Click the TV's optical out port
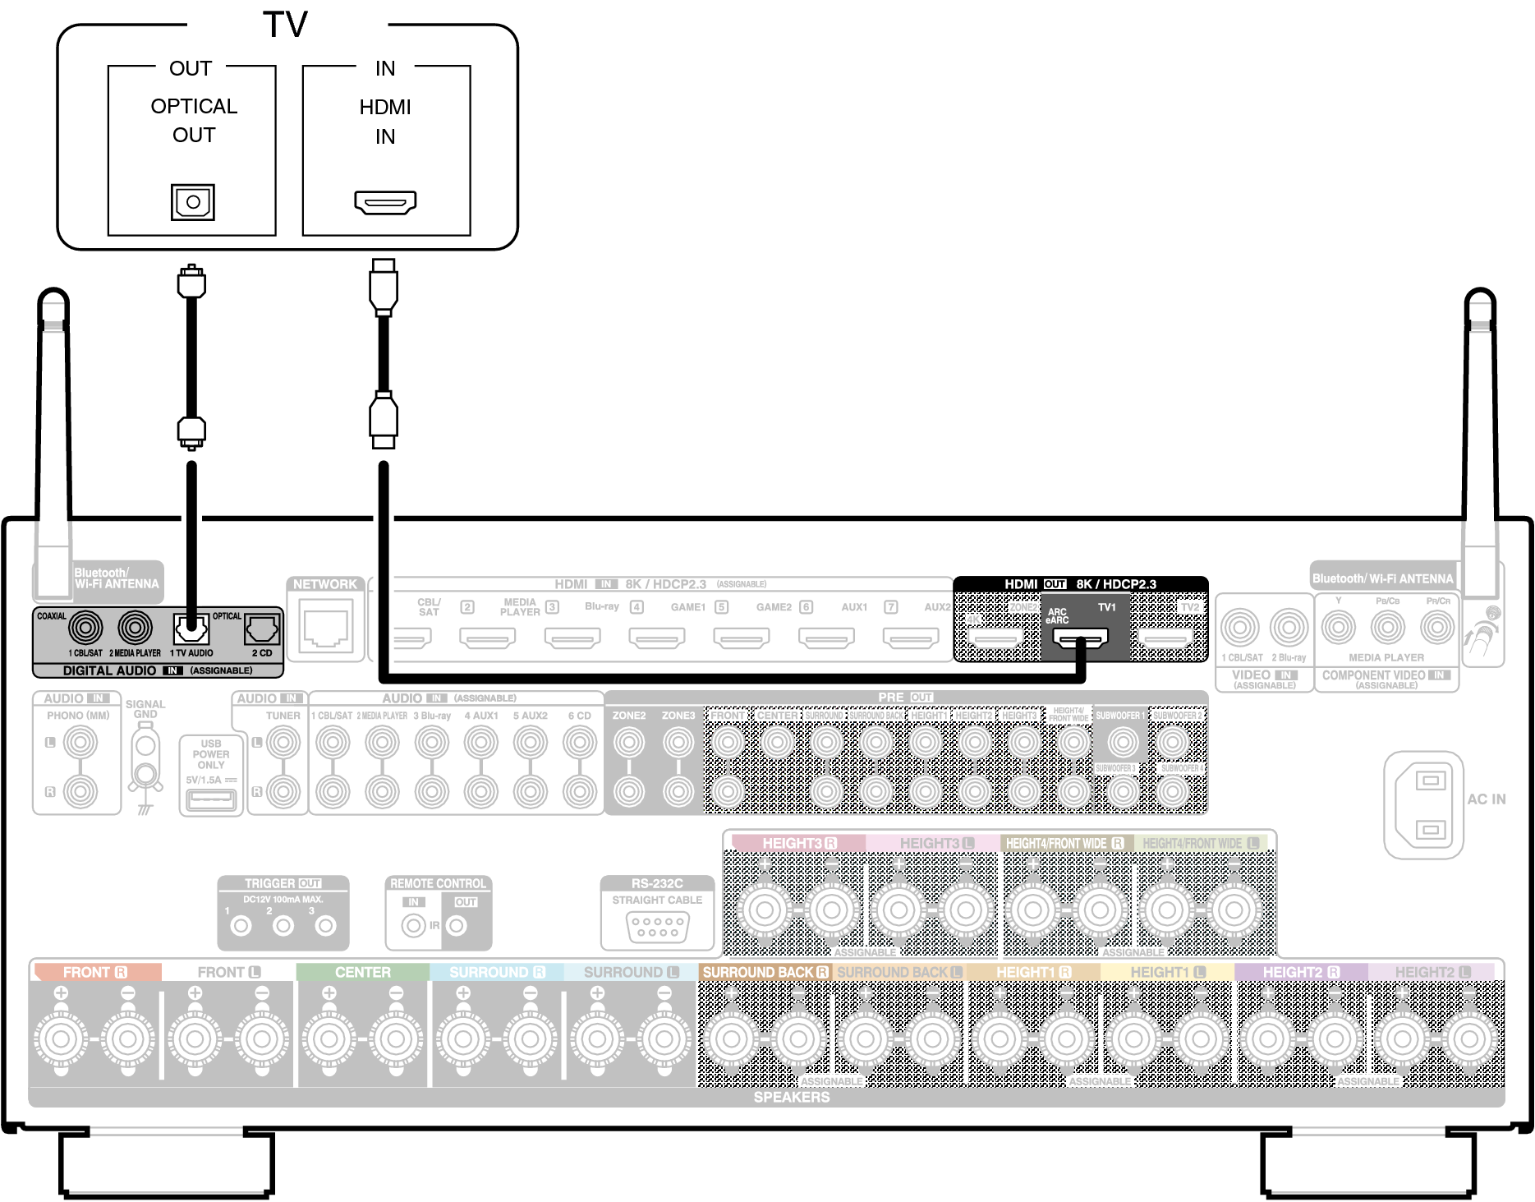193,202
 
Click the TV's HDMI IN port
385,202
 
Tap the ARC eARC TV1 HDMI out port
1081,637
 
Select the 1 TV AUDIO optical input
191,630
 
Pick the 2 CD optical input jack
261,630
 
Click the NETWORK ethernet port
326,625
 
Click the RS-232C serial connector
657,928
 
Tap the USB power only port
211,799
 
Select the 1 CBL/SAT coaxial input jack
85,629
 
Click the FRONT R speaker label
95,972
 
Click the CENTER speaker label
362,972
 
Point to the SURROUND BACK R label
765,972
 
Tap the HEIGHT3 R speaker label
798,843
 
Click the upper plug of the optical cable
191,283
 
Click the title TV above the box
285,25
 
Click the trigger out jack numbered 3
326,926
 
